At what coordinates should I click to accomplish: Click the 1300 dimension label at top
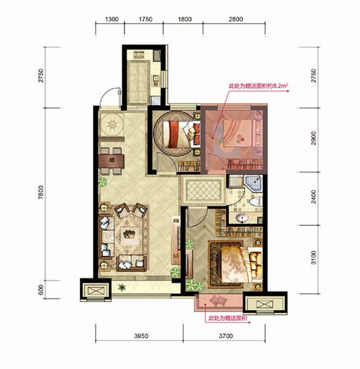point(112,19)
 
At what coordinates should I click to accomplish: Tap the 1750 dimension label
point(145,19)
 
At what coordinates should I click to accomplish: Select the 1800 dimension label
point(185,19)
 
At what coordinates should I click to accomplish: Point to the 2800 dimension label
point(235,19)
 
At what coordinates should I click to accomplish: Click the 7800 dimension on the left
point(41,192)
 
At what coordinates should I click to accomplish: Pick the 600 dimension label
point(41,290)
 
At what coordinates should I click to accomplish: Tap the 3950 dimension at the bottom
point(141,336)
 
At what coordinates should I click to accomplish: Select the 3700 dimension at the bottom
point(226,336)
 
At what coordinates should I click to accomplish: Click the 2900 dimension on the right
point(314,138)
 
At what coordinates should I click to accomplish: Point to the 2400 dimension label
point(314,197)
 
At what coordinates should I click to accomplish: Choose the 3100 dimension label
point(314,258)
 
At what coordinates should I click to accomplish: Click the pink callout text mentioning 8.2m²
point(258,86)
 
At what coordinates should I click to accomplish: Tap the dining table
point(111,161)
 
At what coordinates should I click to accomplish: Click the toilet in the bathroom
point(256,201)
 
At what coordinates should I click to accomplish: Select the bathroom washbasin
point(242,218)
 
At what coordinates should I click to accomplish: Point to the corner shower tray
point(253,183)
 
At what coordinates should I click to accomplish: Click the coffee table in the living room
point(130,234)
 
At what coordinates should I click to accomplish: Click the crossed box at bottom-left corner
point(96,291)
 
